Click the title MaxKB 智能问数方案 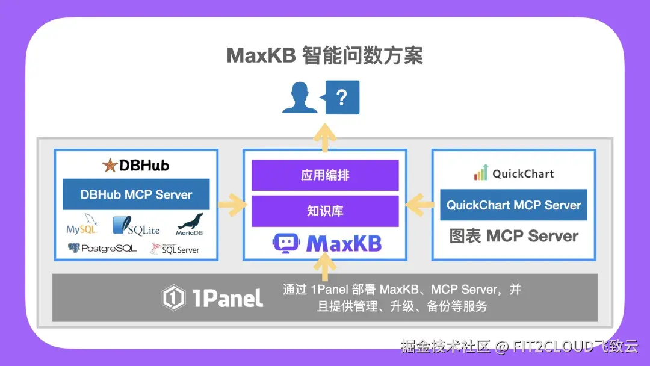[324, 55]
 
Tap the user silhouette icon [299, 98]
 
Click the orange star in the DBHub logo [110, 165]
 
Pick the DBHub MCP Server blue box [136, 194]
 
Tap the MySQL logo [82, 225]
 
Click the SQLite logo [136, 226]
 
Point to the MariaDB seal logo [190, 225]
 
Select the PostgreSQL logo [102, 248]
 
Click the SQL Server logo [175, 248]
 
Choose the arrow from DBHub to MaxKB [232, 204]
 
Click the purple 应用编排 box [325, 175]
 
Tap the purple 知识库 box [325, 211]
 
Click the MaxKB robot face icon [286, 243]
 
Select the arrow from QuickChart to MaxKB [419, 204]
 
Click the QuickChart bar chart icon [481, 172]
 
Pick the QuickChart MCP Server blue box [513, 205]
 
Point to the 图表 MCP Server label [513, 236]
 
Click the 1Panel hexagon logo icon [173, 297]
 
